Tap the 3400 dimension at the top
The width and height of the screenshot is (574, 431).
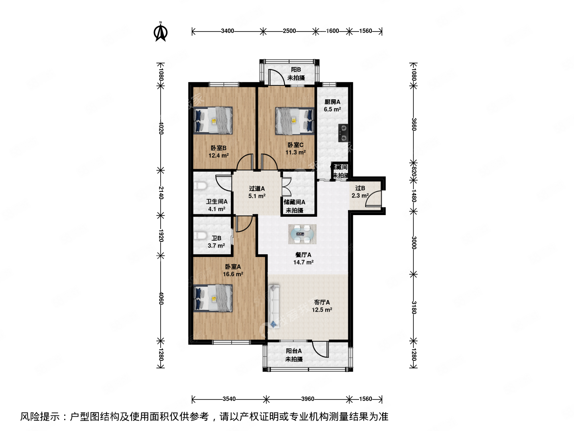tap(228, 31)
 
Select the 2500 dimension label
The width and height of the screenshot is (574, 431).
tap(289, 31)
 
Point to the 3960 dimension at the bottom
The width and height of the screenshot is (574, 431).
tap(307, 399)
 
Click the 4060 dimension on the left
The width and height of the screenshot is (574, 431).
tap(161, 298)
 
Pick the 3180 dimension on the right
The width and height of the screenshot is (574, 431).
tap(414, 308)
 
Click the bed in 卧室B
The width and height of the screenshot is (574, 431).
tap(213, 120)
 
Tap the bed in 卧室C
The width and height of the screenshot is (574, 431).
tap(295, 120)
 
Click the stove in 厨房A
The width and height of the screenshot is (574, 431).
tap(343, 133)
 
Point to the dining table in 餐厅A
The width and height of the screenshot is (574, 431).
tap(303, 234)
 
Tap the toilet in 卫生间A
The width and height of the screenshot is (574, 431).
tap(201, 187)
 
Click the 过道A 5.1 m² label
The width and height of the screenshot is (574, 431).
tap(257, 192)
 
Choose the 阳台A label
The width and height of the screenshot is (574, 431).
tap(294, 351)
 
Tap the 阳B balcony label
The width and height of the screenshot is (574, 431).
tap(296, 70)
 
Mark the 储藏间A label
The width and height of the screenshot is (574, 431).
tap(295, 202)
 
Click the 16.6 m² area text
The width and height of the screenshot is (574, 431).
tap(233, 274)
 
